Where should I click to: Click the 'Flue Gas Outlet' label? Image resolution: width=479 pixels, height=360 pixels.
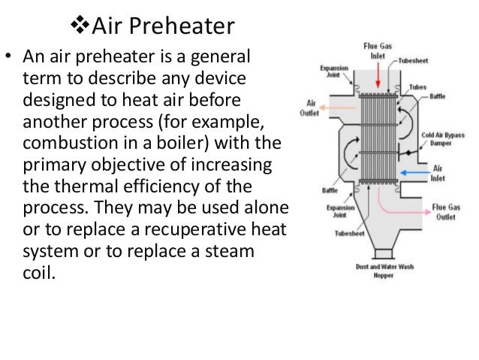(448, 212)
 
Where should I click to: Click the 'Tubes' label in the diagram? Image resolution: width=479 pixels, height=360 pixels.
(418, 87)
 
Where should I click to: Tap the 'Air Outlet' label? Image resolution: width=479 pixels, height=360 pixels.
(313, 108)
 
